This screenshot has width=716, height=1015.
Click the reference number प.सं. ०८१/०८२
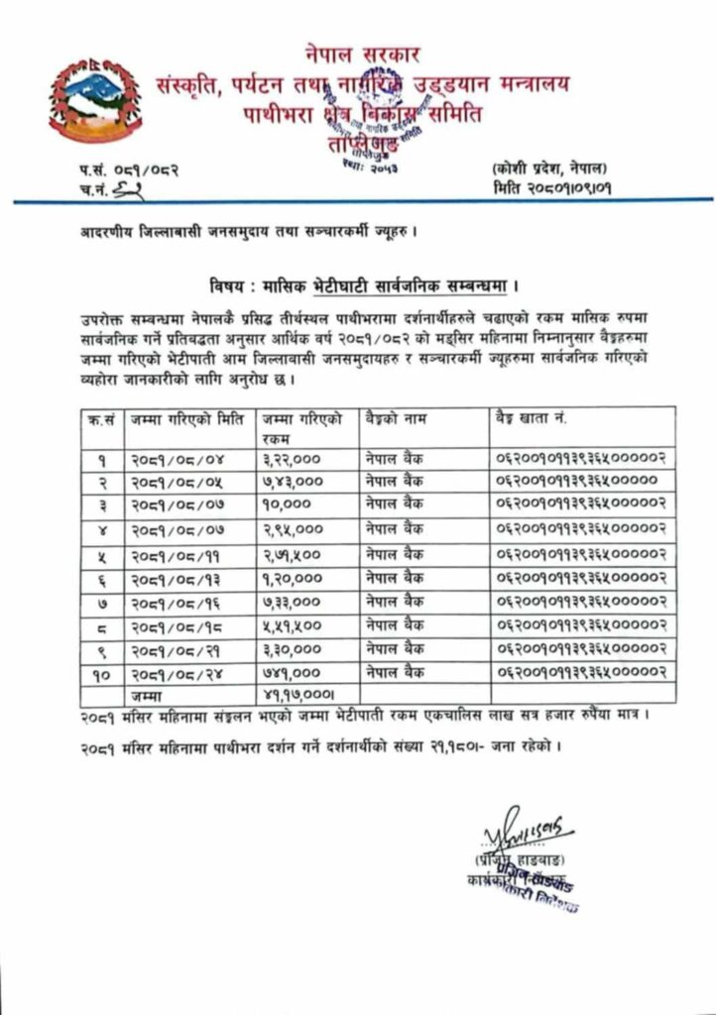[129, 170]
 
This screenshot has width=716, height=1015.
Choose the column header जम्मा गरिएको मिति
[185, 418]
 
